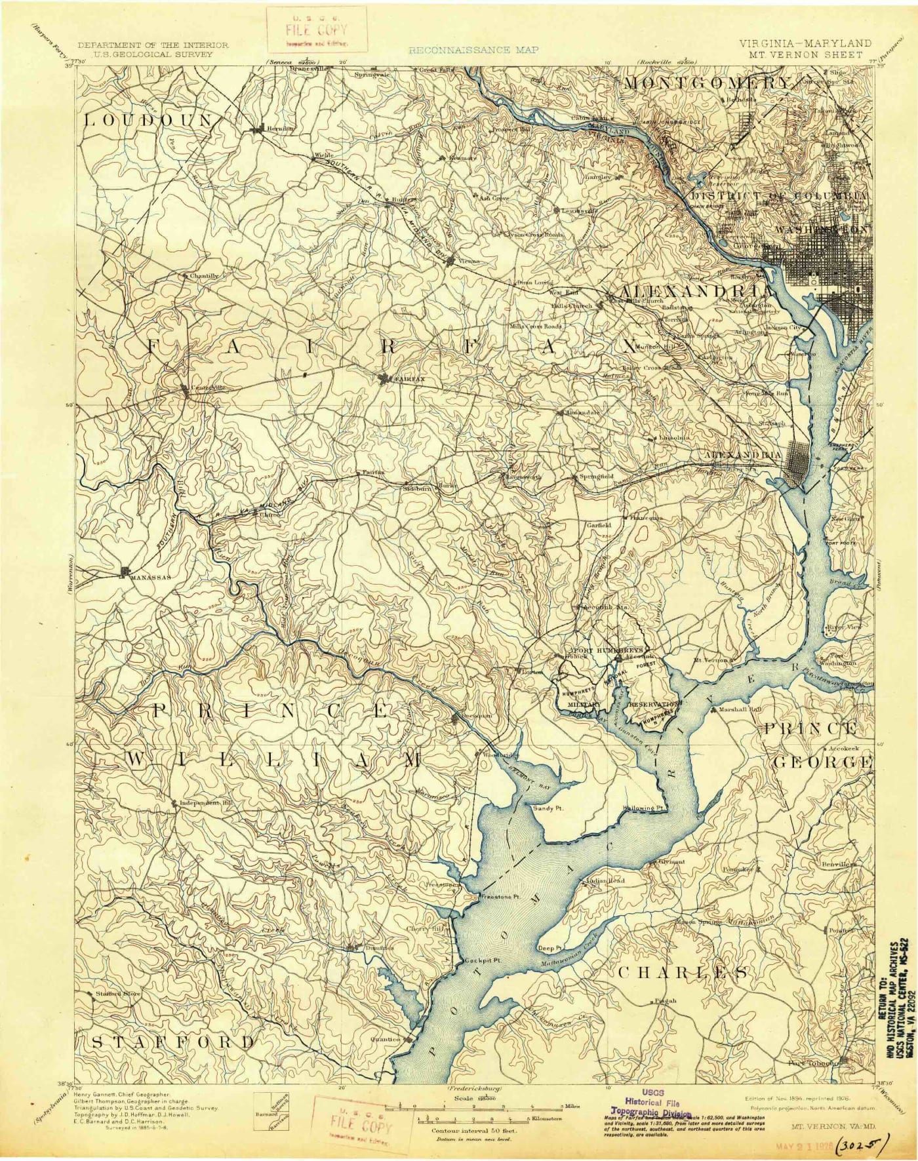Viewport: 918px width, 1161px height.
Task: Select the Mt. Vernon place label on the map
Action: point(710,660)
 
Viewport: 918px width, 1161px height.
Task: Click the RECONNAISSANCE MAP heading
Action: point(473,50)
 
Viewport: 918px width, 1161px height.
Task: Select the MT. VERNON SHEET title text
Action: point(807,54)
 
